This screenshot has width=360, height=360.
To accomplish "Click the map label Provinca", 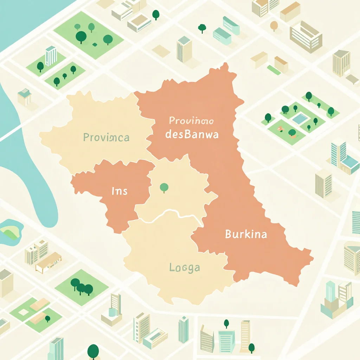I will click(106, 137).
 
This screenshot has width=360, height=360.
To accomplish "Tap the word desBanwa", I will click(191, 134).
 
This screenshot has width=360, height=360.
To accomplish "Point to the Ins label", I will click(119, 191).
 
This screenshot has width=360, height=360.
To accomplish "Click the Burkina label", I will click(246, 234).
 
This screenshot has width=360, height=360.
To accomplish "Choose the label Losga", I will click(184, 268).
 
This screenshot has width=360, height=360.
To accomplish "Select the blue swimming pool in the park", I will click(299, 118).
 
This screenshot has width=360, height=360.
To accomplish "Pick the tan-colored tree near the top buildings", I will click(274, 25).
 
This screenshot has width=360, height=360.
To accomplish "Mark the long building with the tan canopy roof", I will click(49, 262).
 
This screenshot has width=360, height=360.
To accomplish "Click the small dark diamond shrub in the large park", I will click(95, 45).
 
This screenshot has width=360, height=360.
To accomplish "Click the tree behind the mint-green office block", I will click(202, 27).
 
